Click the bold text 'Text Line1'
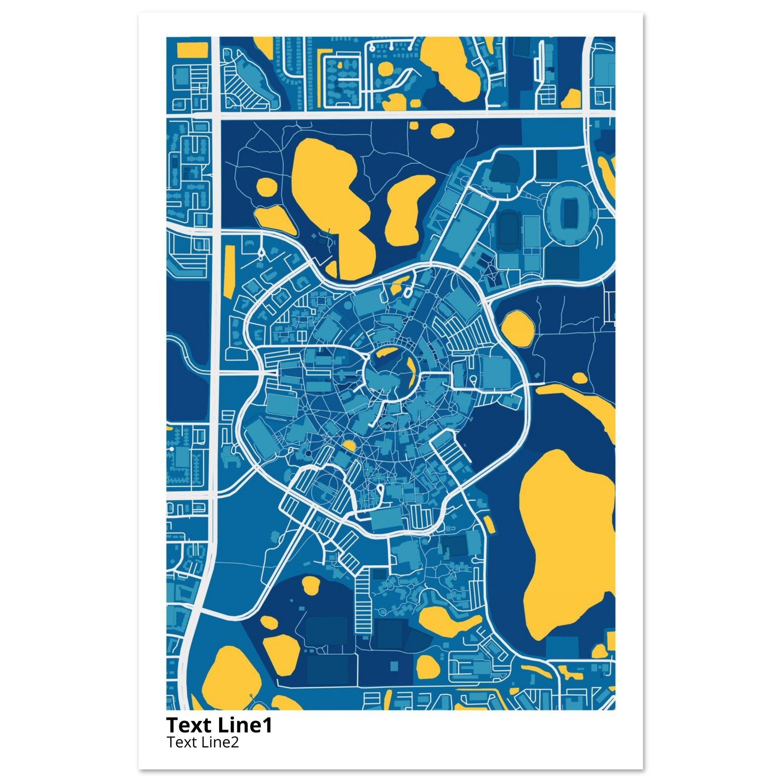click(219, 725)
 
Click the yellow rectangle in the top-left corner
click(191, 50)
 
